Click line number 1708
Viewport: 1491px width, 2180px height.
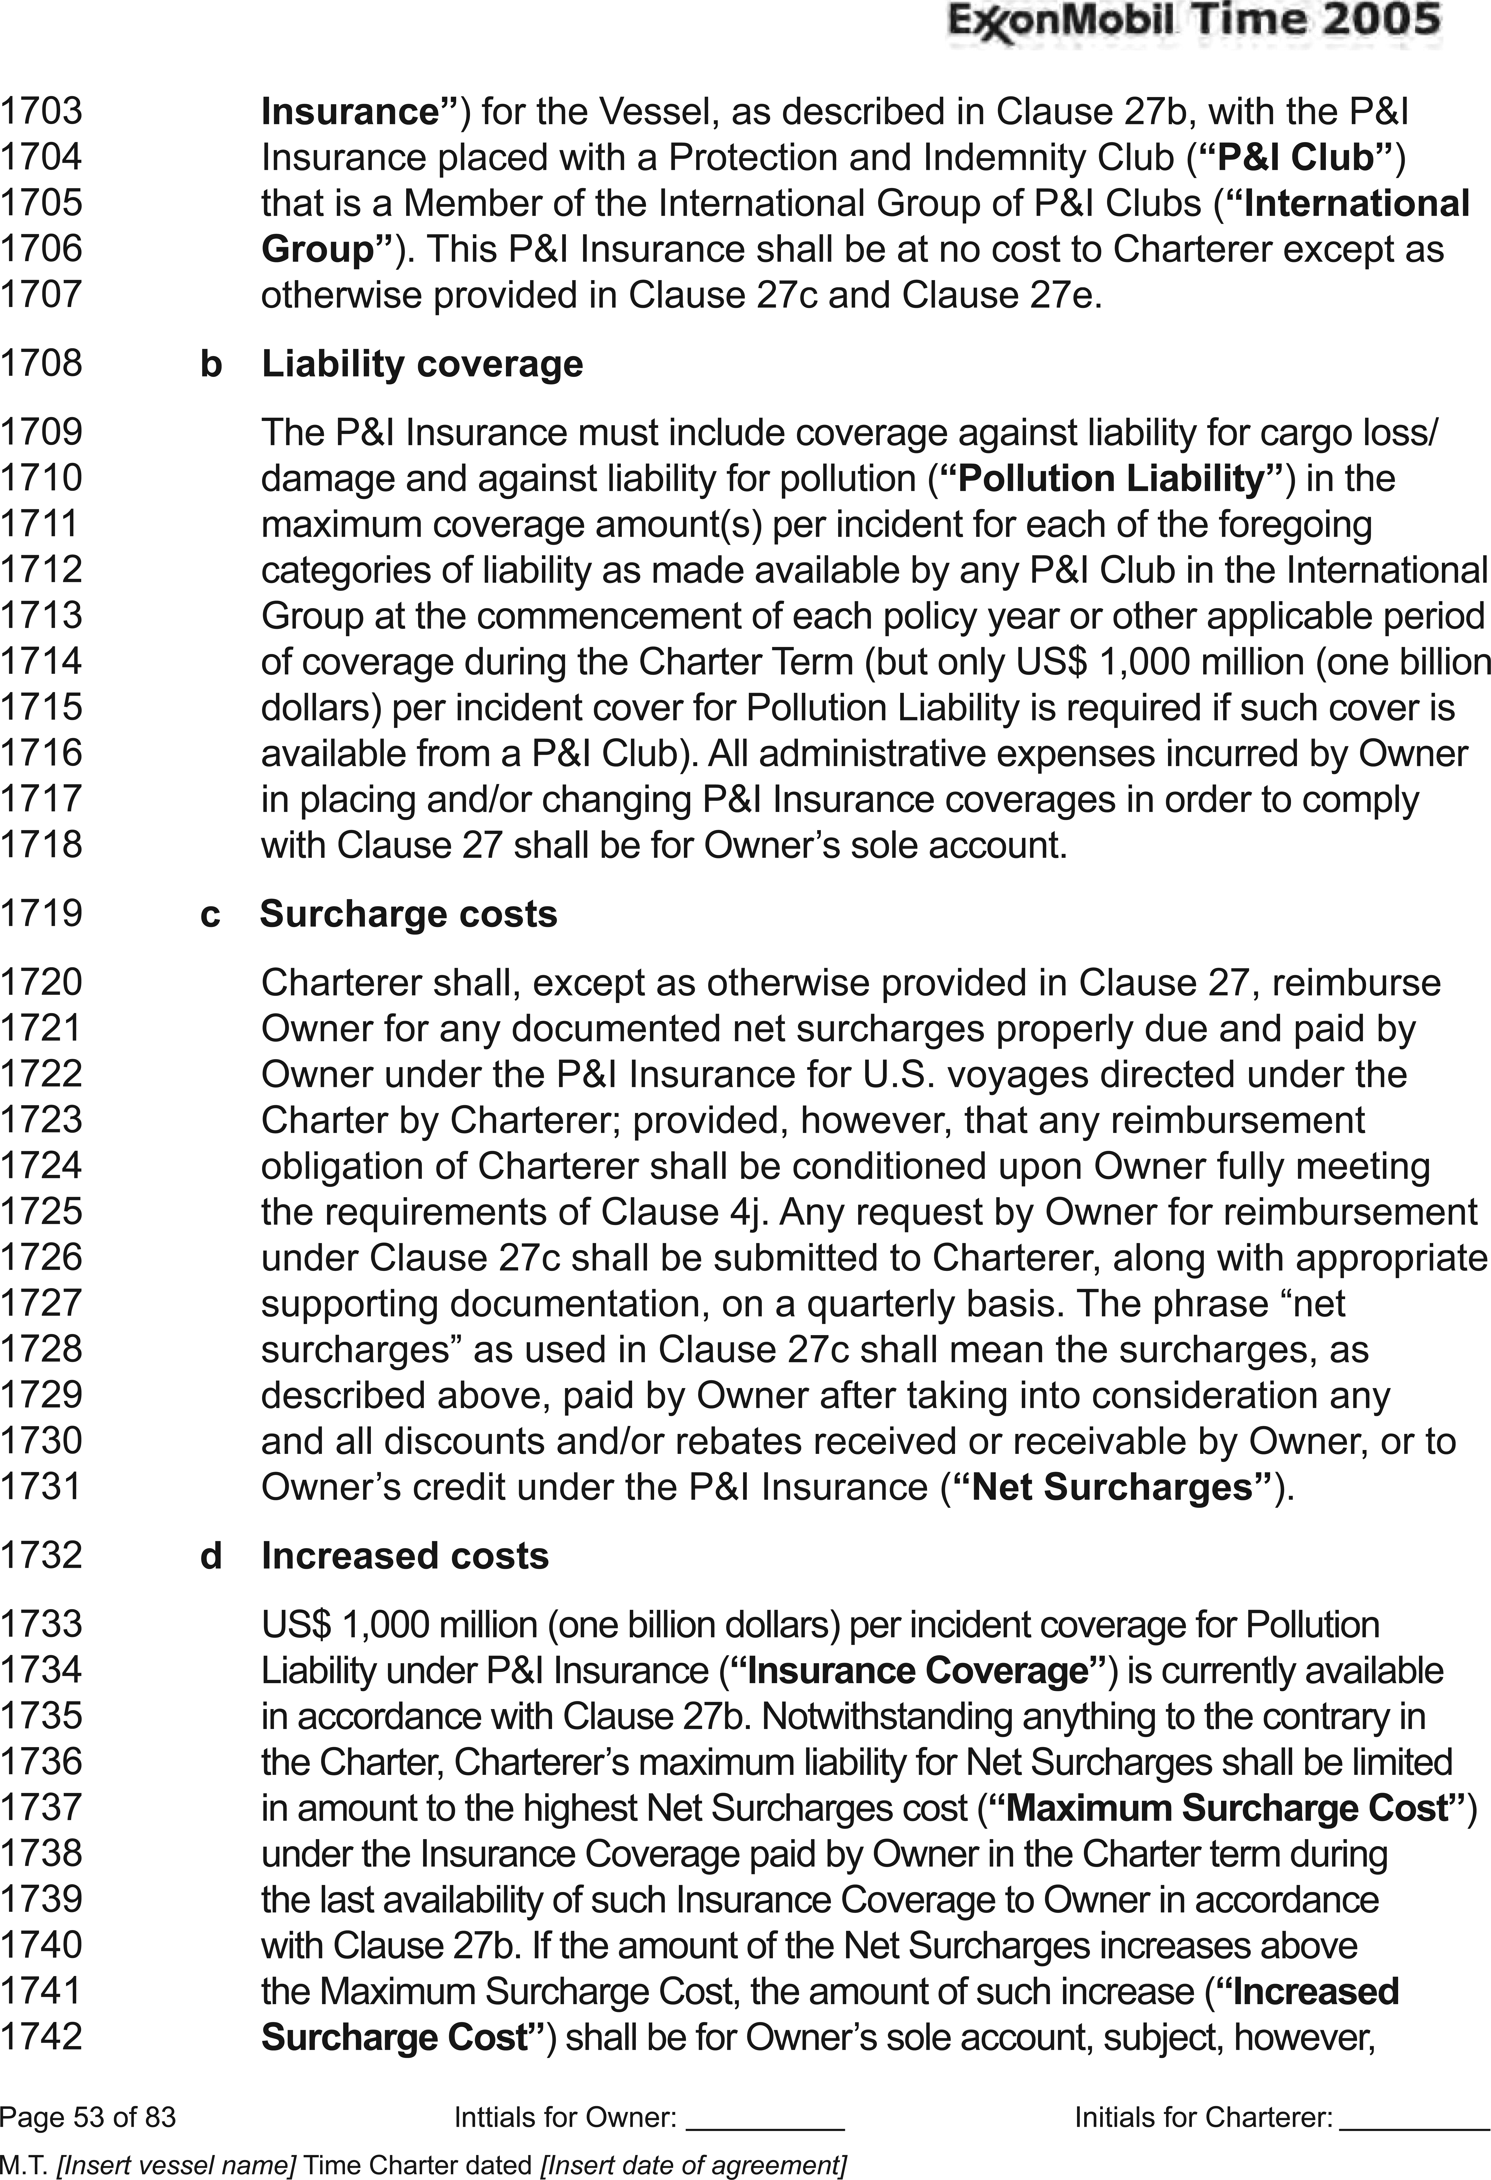click(x=41, y=363)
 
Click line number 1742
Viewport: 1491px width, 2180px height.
click(x=41, y=2036)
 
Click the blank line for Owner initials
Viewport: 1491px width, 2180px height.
click(x=766, y=2117)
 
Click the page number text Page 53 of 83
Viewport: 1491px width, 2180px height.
click(x=88, y=2117)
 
